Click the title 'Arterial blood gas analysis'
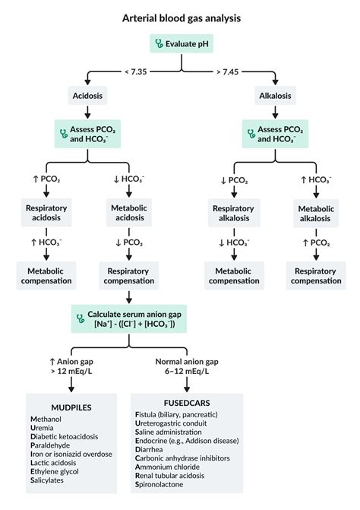tap(180, 17)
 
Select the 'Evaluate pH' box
tap(180, 44)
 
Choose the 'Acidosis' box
tap(89, 97)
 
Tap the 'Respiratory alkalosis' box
tap(232, 214)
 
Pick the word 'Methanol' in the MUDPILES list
tap(49, 420)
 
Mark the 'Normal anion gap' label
tap(186, 361)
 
